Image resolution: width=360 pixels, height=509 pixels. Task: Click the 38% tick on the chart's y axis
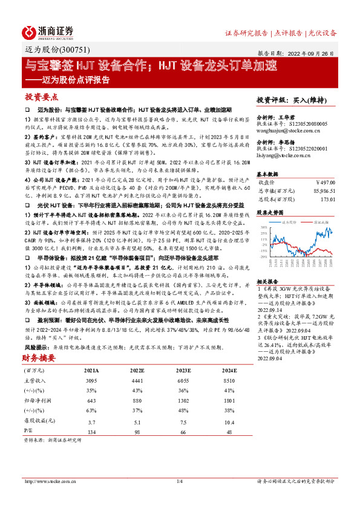point(264,227)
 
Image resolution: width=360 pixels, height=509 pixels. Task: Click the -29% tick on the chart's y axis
point(264,257)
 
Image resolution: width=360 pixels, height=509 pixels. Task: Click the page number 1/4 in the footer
point(179,481)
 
